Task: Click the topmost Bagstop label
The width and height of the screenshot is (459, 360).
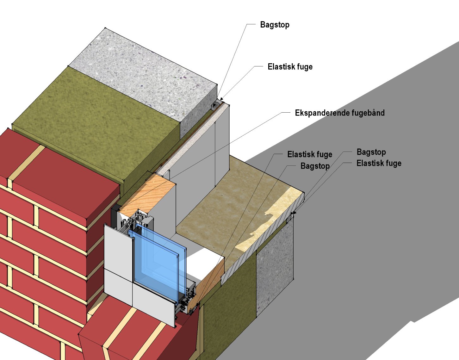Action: tap(275, 25)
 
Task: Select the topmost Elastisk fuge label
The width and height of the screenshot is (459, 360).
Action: tap(290, 67)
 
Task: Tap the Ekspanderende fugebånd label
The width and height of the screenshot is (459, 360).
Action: tap(339, 113)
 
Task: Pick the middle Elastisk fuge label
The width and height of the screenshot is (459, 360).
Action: tap(310, 154)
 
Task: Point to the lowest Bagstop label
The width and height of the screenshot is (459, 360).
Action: tap(315, 166)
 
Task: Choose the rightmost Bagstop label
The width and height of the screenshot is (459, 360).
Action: tap(371, 152)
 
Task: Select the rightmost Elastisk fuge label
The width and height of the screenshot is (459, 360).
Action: tap(379, 163)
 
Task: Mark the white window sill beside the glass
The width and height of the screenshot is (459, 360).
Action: tap(202, 263)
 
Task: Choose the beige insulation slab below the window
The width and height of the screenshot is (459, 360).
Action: tap(228, 206)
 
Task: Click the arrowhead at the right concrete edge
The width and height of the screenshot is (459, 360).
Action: tap(293, 214)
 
